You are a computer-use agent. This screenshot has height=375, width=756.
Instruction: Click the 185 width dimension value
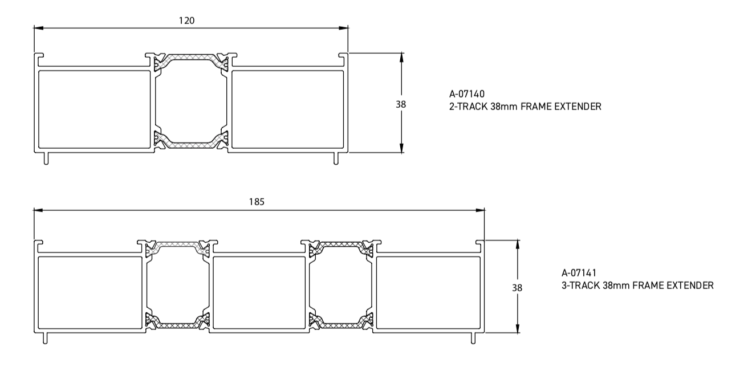point(257,202)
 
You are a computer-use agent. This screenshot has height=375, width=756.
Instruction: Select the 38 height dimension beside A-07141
point(517,288)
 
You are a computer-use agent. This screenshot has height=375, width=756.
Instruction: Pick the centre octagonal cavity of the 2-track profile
point(191,103)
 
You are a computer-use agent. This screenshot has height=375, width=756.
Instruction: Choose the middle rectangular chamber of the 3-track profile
point(259,292)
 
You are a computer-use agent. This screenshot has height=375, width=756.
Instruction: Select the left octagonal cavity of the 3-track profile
point(176,286)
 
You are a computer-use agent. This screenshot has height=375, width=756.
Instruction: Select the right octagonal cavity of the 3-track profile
point(340,286)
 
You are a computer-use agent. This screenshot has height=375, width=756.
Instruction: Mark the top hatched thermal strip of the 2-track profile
point(191,59)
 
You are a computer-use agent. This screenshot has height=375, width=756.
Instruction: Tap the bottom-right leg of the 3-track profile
point(473,338)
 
